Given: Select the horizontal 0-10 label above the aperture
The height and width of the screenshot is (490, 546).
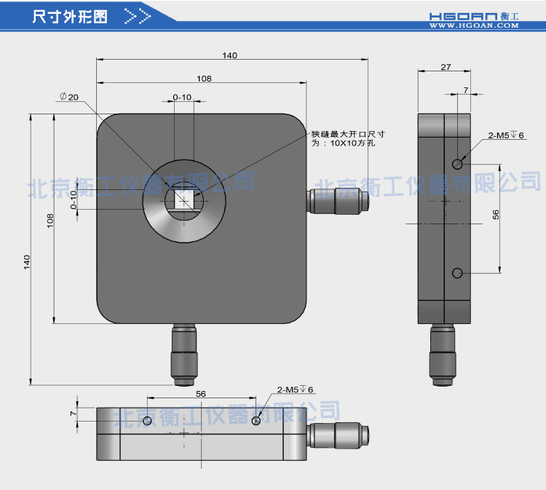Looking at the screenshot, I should click(x=182, y=97).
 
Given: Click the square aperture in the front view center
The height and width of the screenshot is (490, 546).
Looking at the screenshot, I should click(x=184, y=199).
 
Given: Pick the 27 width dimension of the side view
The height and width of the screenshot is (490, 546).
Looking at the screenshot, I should click(x=446, y=67).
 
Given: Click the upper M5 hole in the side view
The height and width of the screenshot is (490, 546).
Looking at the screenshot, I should click(x=457, y=164).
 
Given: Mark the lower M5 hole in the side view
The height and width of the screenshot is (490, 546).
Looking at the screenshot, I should click(x=457, y=273).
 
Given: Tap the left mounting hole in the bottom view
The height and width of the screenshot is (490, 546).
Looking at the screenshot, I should click(x=147, y=421).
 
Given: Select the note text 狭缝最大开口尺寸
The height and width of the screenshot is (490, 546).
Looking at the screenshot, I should click(x=347, y=134).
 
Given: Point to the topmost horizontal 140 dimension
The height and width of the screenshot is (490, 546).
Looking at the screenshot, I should click(x=230, y=55).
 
